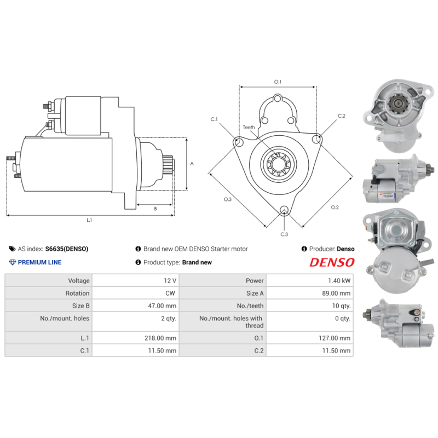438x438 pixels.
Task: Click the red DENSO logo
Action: click(332, 262)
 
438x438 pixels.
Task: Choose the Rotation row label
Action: click(77, 293)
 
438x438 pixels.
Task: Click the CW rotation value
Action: click(170, 293)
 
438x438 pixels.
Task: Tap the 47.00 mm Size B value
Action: click(163, 306)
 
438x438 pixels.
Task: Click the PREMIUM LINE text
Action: click(39, 262)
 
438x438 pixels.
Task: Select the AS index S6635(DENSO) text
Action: click(66, 249)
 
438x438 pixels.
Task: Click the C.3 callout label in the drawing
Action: click(284, 234)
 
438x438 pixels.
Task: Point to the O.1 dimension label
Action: click(278, 82)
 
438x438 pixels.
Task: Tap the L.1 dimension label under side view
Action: click(89, 220)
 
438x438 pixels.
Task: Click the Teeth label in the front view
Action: click(249, 127)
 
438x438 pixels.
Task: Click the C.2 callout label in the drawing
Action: click(342, 116)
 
